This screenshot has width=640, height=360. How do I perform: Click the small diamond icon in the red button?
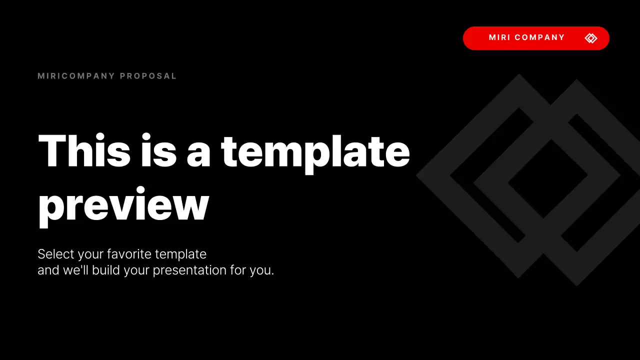coord(591,38)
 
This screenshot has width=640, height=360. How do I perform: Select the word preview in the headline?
coord(123,206)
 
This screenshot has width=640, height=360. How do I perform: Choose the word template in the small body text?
coord(180,254)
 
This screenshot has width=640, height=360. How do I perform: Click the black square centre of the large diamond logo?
coord(548,178)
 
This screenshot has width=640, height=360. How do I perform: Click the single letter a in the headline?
coord(199,152)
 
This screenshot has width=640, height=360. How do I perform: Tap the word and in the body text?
coord(48,270)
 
